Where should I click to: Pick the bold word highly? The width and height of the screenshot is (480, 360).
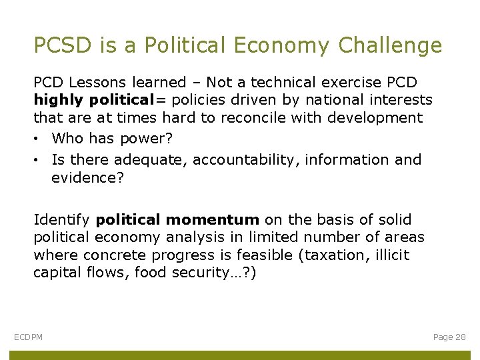[x=55, y=100]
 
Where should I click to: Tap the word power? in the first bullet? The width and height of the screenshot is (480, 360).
[x=152, y=139]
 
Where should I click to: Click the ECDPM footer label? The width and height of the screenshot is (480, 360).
[x=29, y=337]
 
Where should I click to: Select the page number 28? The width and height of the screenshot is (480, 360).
[x=460, y=337]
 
